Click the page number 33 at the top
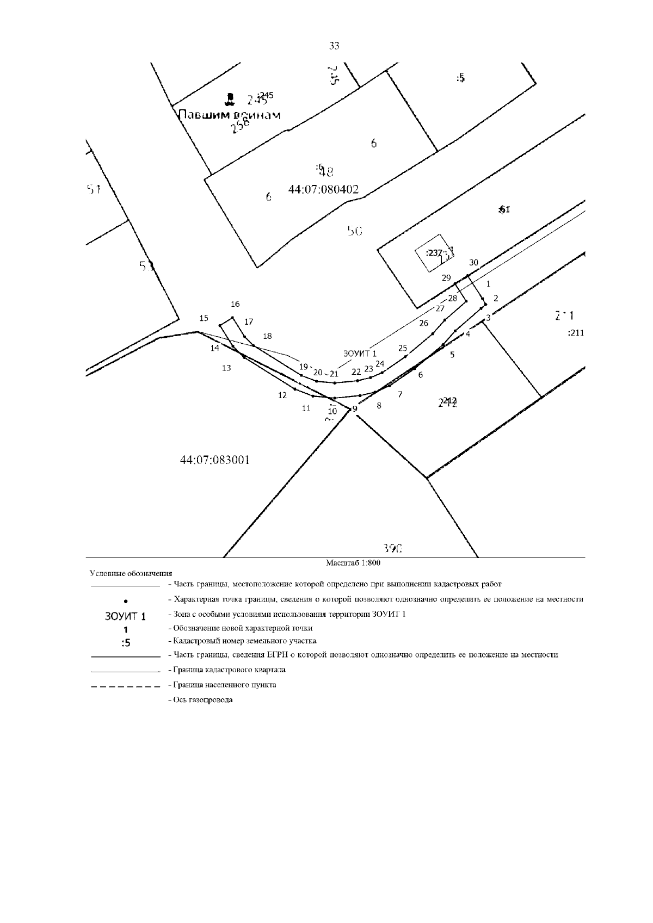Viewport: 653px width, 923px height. click(334, 46)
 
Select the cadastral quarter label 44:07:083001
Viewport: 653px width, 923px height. click(215, 460)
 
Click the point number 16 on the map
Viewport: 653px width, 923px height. click(235, 304)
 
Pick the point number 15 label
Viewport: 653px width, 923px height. click(204, 318)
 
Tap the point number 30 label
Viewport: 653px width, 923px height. click(473, 263)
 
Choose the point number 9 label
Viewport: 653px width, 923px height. click(355, 409)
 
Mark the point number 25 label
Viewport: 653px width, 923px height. click(403, 348)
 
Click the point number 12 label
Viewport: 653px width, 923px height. click(282, 395)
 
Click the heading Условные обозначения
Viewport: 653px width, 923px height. click(131, 573)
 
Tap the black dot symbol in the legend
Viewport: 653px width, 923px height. click(126, 601)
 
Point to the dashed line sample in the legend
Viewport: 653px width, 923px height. click(126, 685)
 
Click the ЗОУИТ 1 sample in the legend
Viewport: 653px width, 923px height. click(125, 617)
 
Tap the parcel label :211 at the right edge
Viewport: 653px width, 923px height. click(575, 333)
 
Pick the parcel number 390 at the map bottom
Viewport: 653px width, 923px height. click(393, 549)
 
